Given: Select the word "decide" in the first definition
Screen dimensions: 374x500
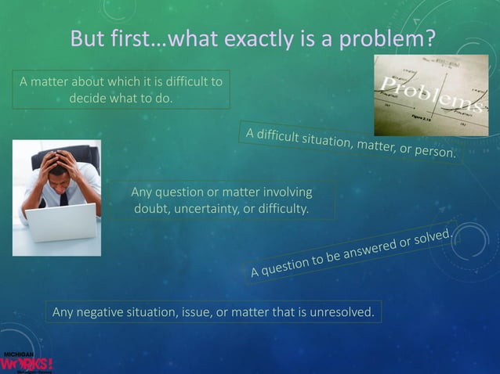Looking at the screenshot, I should pyautogui.click(x=89, y=99).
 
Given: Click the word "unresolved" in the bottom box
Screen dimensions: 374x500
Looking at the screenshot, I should pyautogui.click(x=342, y=314).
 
